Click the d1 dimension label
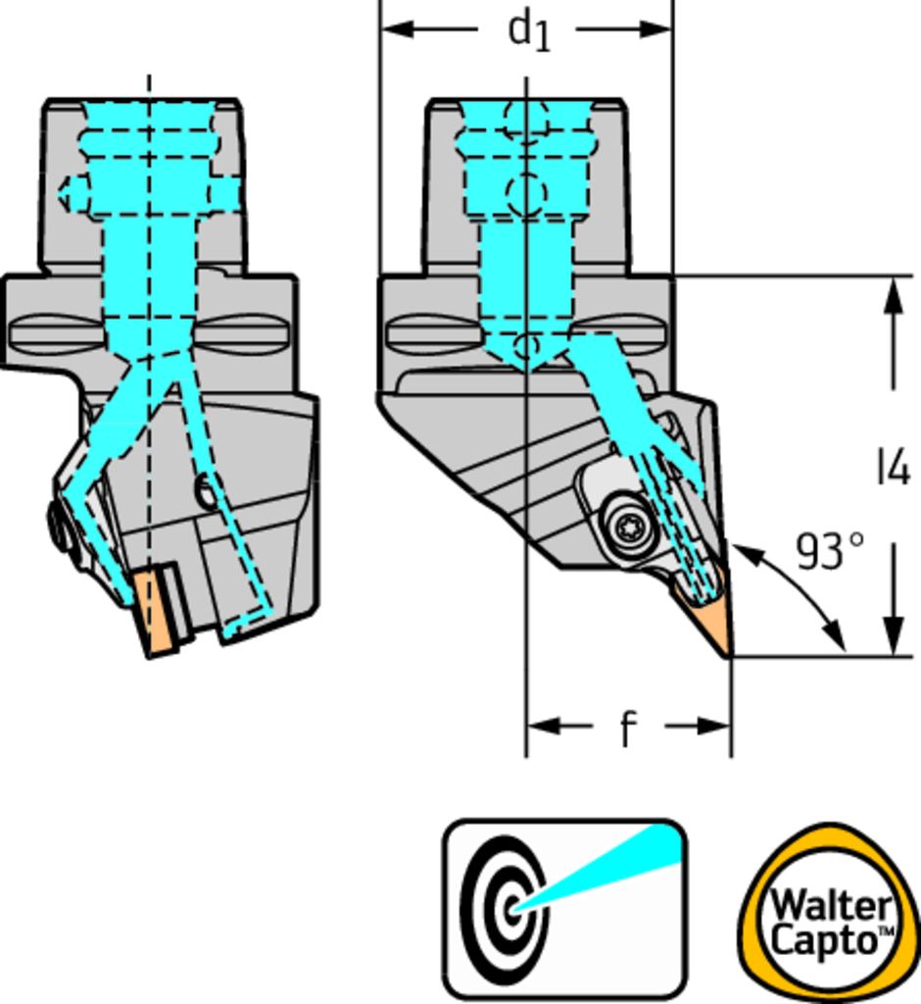coord(529,29)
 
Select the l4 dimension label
coord(893,469)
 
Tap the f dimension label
coord(627,728)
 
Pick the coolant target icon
coord(564,909)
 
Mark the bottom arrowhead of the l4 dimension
coord(893,637)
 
